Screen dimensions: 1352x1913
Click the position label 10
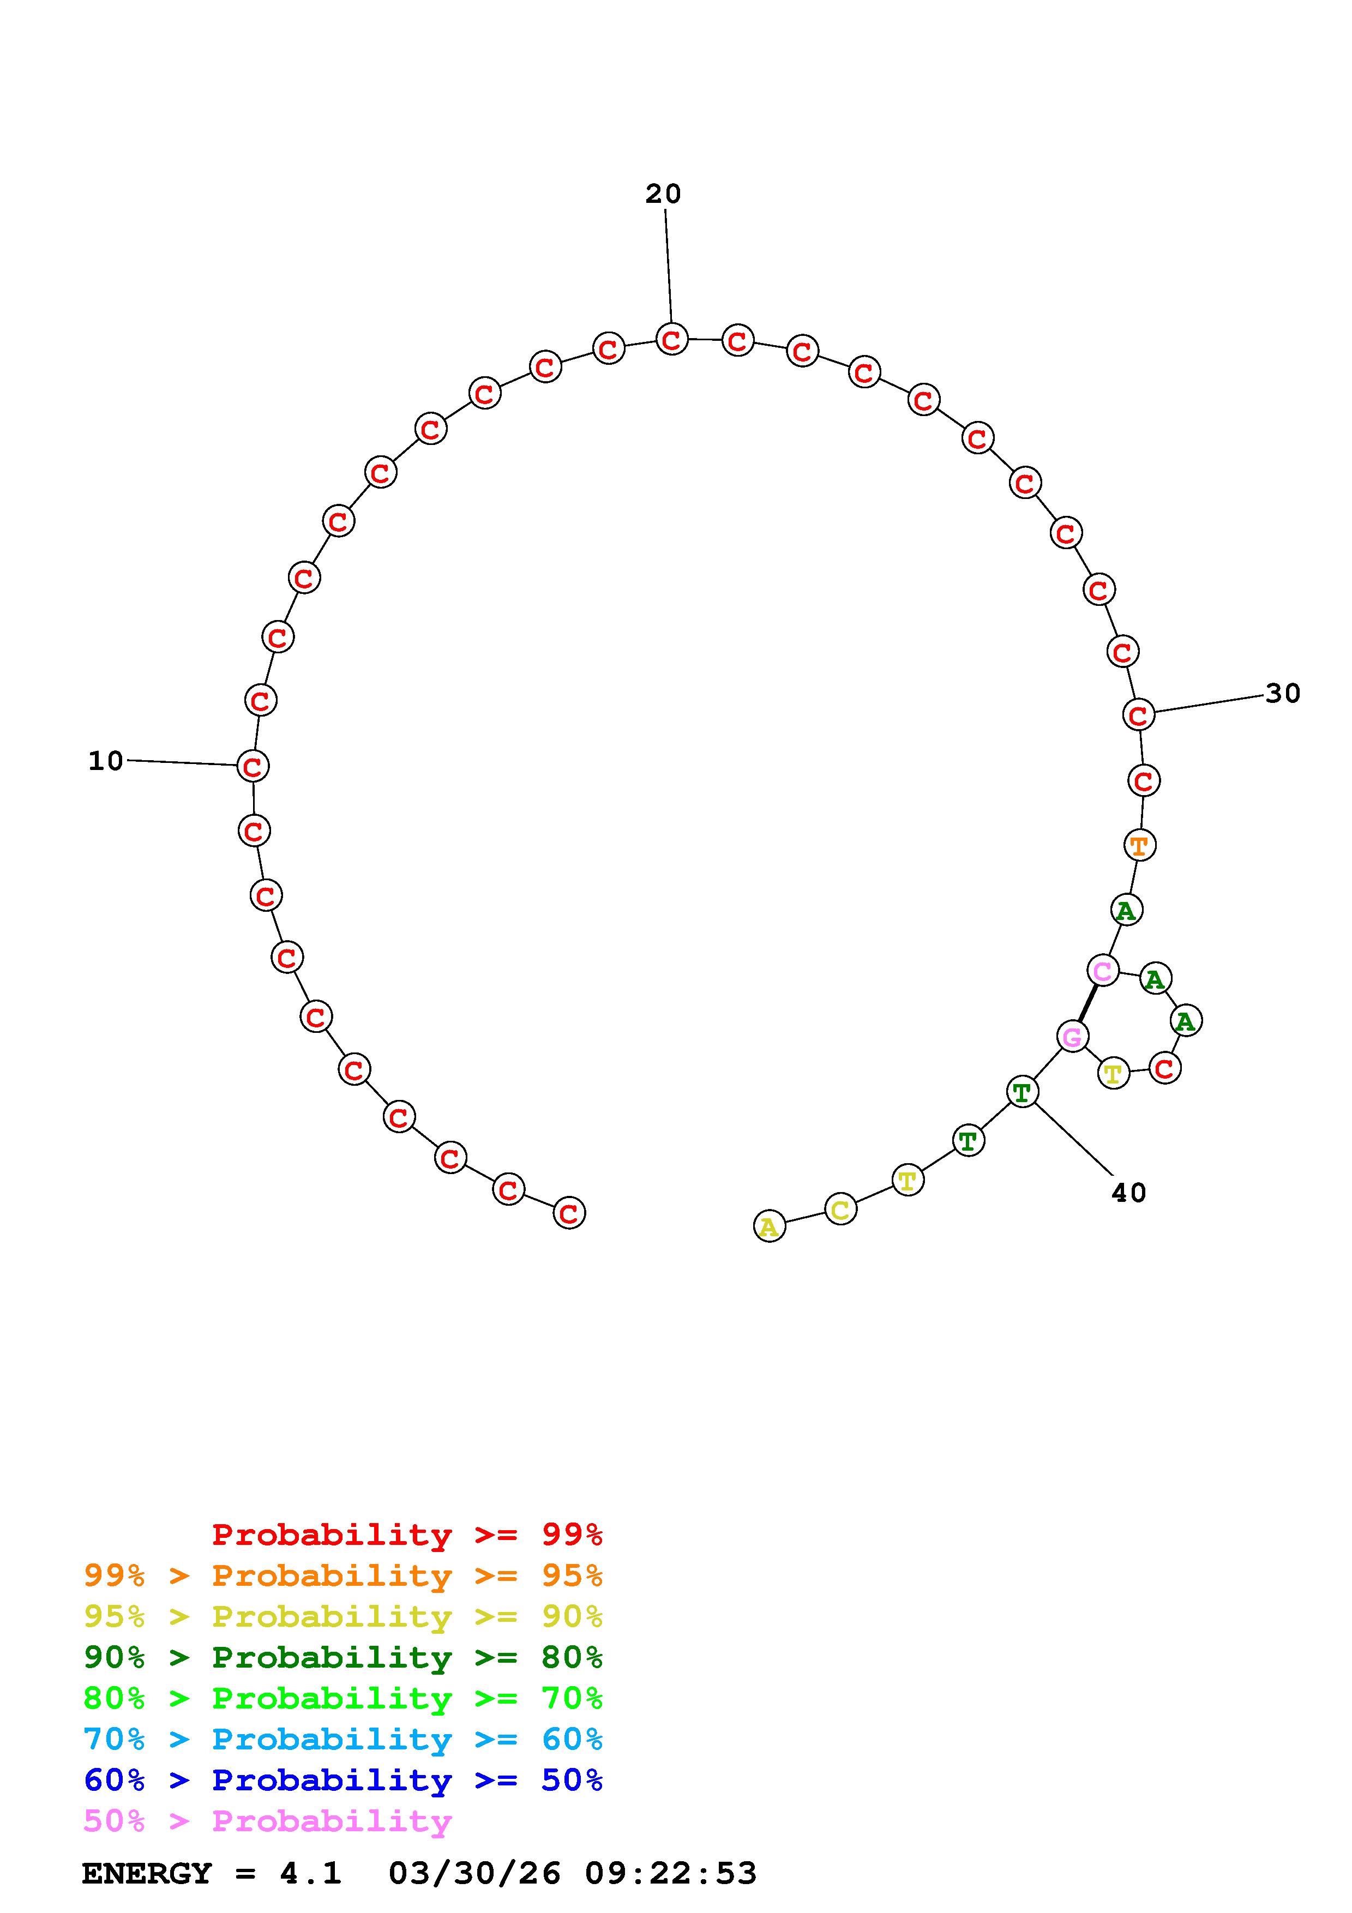(x=106, y=761)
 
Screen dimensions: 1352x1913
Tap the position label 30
(x=1283, y=693)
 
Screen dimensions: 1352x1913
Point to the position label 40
(x=1129, y=1193)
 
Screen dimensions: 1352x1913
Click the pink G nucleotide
(x=1073, y=1037)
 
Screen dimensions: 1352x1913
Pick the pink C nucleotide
(x=1103, y=971)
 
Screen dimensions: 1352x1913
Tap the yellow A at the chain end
(x=769, y=1226)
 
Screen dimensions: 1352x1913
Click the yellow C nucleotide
(x=840, y=1209)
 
